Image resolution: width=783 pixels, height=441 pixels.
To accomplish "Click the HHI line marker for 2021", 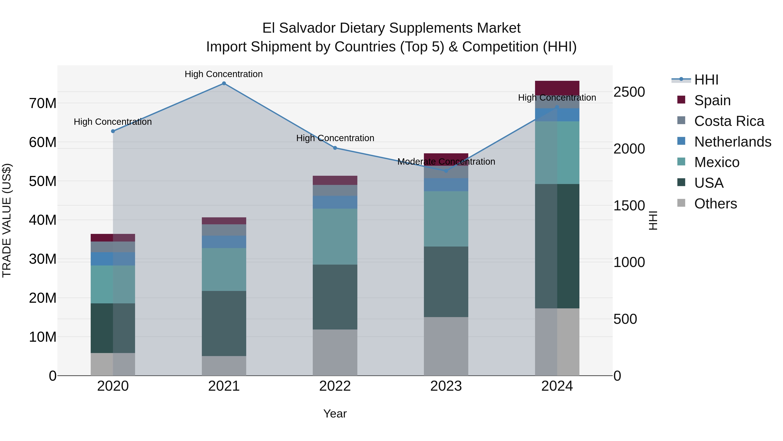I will [x=224, y=83].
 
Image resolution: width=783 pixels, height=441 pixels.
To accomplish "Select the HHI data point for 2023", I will [x=446, y=171].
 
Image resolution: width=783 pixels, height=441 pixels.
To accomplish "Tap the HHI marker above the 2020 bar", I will [x=113, y=131].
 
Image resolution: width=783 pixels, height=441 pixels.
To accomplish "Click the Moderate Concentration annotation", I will [x=446, y=162].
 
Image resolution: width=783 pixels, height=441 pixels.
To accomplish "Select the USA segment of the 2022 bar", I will [x=335, y=297].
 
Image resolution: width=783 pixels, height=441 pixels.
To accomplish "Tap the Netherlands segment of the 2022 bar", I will [x=335, y=202].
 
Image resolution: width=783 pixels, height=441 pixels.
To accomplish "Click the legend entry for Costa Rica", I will [x=729, y=121].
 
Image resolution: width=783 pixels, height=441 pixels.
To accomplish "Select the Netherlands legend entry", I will [x=733, y=142].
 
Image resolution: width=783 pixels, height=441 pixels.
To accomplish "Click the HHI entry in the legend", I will [x=706, y=80].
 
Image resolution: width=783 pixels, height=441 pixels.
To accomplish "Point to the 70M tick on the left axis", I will [x=43, y=103].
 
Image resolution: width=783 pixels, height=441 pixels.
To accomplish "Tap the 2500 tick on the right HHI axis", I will [x=629, y=92].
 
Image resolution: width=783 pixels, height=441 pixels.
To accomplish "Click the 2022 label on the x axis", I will [x=335, y=386].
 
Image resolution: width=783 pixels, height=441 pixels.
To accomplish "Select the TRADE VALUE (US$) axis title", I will [x=7, y=220].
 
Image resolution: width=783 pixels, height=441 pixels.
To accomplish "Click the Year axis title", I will [x=335, y=414].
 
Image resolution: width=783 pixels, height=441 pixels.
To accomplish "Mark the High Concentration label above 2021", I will [x=224, y=74].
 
